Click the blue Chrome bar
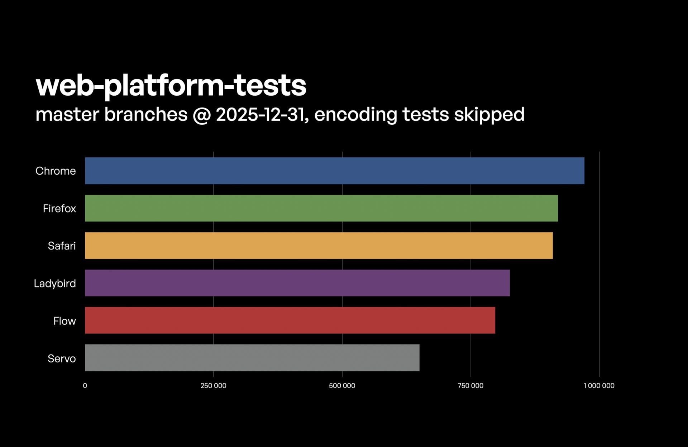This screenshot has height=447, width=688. point(334,171)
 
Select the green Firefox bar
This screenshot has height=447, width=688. point(321,208)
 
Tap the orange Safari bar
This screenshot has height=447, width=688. point(319,246)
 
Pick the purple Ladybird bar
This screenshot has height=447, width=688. point(297,283)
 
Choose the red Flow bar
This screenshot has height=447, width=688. point(290,320)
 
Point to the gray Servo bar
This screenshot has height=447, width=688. point(252,358)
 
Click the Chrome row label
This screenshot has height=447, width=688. point(56,171)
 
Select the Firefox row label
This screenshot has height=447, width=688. point(59,209)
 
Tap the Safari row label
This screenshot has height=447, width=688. point(62,246)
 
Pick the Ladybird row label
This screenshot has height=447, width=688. point(55,284)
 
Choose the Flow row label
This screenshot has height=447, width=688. point(64,321)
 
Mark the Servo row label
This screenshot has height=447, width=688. point(62,358)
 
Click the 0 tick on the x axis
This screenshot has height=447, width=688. point(85,386)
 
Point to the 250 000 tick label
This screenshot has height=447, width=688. point(213,386)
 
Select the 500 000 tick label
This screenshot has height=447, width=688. point(342,386)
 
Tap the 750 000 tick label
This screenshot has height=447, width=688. point(470,386)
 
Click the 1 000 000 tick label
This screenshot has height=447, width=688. point(599,386)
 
